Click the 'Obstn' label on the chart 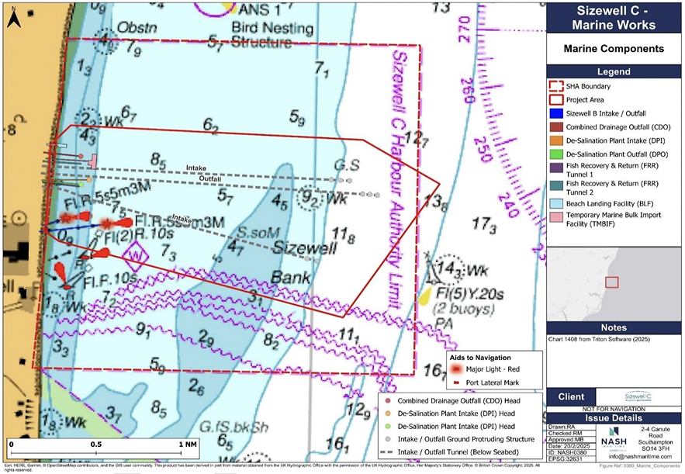click(137, 28)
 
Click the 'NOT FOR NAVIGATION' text click(613, 408)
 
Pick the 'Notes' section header click(613, 327)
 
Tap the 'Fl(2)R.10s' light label click(127, 232)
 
